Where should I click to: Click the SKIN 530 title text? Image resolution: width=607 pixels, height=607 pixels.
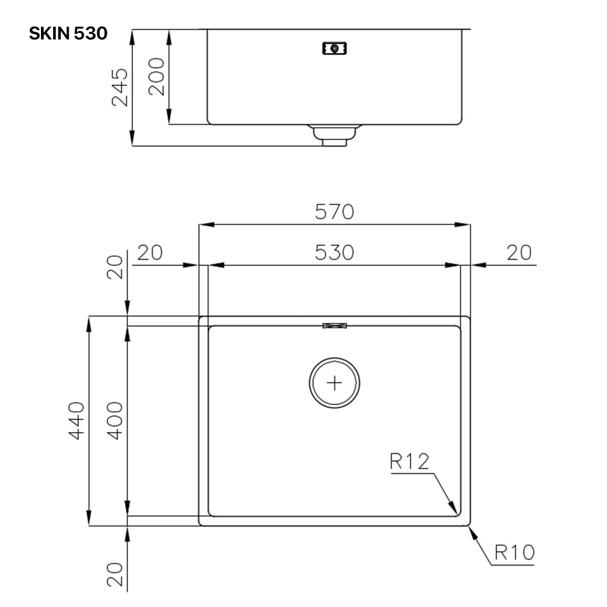[x=68, y=33]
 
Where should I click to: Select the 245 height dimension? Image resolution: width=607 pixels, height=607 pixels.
[x=120, y=87]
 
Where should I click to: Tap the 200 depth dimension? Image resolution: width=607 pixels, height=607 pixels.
[x=156, y=76]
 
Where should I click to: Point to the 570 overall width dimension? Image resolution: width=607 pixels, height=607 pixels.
[x=334, y=211]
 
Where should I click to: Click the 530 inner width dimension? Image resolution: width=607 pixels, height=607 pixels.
[x=334, y=252]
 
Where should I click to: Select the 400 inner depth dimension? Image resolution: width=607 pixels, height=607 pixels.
[x=116, y=420]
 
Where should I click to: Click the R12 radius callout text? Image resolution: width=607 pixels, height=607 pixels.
[x=409, y=461]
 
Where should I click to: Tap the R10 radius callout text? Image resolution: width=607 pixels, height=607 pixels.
[x=514, y=552]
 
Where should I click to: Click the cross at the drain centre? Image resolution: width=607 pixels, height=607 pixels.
[x=334, y=382]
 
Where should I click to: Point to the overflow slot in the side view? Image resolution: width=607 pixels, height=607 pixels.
[x=334, y=48]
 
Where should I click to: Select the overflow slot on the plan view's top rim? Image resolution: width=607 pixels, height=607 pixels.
[x=334, y=326]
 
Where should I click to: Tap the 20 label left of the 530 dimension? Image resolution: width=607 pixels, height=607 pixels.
[x=150, y=252]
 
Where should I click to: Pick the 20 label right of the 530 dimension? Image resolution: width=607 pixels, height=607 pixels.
[x=519, y=252]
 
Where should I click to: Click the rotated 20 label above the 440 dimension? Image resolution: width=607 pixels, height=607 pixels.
[x=116, y=267]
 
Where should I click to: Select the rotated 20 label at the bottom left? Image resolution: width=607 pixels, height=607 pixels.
[x=116, y=574]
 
